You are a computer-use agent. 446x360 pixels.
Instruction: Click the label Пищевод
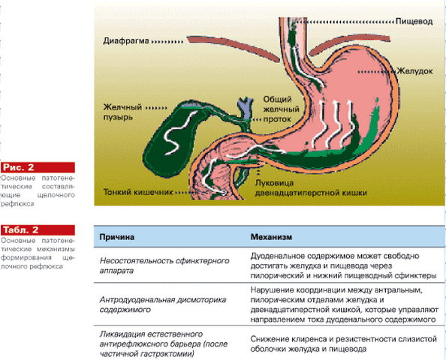(414, 22)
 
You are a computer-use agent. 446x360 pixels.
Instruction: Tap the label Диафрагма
(126, 41)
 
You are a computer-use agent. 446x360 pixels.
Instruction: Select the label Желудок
(414, 71)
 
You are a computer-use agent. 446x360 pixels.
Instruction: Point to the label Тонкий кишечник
(138, 192)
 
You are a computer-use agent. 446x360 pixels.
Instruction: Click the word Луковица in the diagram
(274, 183)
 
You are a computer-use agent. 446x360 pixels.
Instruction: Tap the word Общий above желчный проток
(277, 100)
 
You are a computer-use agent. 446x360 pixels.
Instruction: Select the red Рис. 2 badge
(38, 167)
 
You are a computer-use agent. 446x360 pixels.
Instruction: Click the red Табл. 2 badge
(38, 229)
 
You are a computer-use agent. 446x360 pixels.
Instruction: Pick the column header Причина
(117, 237)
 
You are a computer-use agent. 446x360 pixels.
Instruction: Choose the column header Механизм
(271, 237)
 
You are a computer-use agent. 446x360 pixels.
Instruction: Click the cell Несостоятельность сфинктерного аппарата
(164, 265)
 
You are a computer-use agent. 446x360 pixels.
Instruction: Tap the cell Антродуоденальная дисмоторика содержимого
(163, 304)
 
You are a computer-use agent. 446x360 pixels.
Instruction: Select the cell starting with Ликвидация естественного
(164, 343)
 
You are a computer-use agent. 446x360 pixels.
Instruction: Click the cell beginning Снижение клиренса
(344, 343)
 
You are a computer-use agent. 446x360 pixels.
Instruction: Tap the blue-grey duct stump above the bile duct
(246, 109)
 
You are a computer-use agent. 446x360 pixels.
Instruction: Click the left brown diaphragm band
(234, 48)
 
